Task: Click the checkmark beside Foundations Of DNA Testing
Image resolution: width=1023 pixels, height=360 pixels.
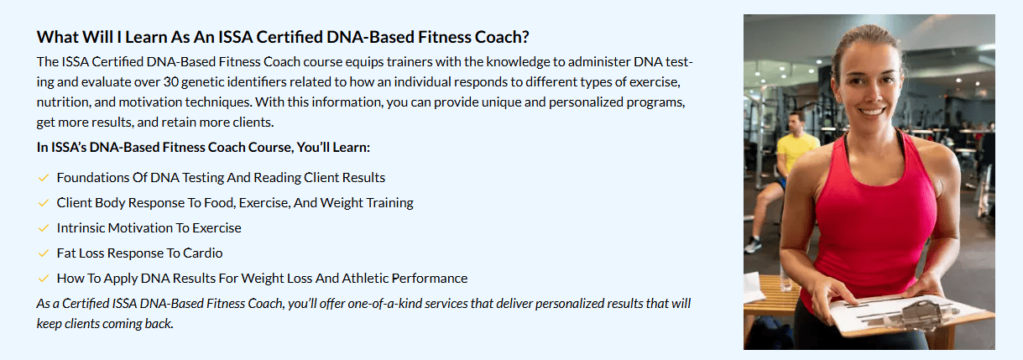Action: coord(44,178)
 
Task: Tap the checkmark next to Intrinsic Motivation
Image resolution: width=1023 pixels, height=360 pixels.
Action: coord(44,228)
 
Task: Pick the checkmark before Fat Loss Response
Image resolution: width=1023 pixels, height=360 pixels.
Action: coord(44,253)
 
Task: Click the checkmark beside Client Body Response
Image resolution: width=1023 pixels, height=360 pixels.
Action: coord(44,203)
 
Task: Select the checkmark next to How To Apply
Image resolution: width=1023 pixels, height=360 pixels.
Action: coord(44,279)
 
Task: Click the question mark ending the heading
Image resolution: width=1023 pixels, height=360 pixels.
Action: coord(525,38)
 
